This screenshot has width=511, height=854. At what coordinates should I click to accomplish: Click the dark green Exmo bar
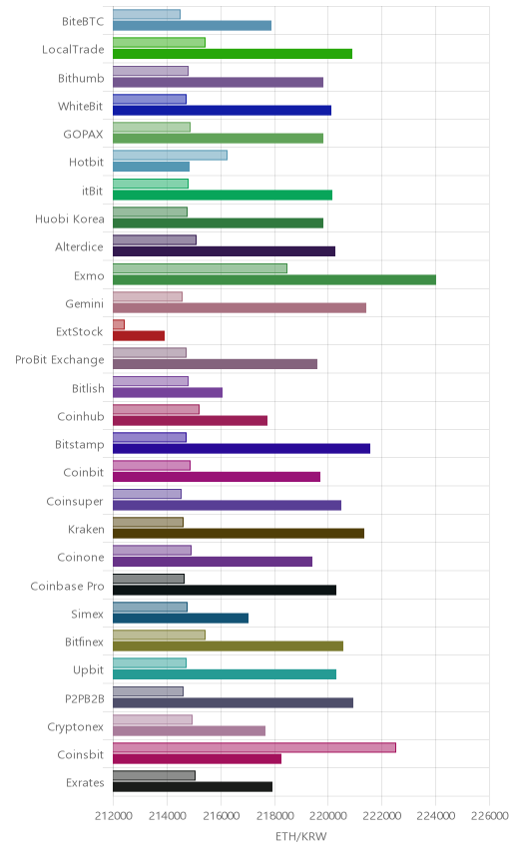coord(274,280)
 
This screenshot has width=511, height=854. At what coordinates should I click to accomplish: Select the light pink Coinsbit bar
coord(255,748)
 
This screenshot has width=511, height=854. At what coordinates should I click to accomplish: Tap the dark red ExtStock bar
coord(139,336)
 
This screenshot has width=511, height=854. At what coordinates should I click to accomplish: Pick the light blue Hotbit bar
coord(170,156)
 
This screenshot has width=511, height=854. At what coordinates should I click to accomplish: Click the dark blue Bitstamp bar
coord(242,448)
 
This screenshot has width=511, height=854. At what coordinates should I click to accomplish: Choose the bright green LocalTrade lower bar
coord(233,54)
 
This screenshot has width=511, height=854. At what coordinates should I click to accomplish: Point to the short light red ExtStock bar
coord(119,324)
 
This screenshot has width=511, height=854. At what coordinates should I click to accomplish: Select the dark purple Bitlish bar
coord(168,392)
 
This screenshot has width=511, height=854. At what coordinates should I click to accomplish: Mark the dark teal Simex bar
coord(181,619)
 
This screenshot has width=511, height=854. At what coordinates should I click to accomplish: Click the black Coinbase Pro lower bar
coord(225,590)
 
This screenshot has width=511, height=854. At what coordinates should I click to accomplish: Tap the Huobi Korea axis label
coord(69,218)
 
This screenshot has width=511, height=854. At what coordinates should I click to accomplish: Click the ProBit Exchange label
coord(59,360)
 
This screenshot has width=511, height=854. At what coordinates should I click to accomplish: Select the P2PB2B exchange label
coord(85,698)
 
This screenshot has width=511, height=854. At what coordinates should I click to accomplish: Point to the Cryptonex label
coord(75,727)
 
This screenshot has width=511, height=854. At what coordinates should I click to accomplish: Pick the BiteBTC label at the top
coord(83,21)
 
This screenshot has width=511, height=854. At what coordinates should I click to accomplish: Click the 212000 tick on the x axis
coord(113,815)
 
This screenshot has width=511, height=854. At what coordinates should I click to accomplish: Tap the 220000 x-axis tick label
coord(328,815)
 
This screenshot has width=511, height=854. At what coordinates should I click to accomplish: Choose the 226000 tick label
coord(489,815)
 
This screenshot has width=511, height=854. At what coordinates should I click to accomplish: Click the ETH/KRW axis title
coord(301,836)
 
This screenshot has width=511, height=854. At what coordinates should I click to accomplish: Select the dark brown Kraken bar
coord(239,533)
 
